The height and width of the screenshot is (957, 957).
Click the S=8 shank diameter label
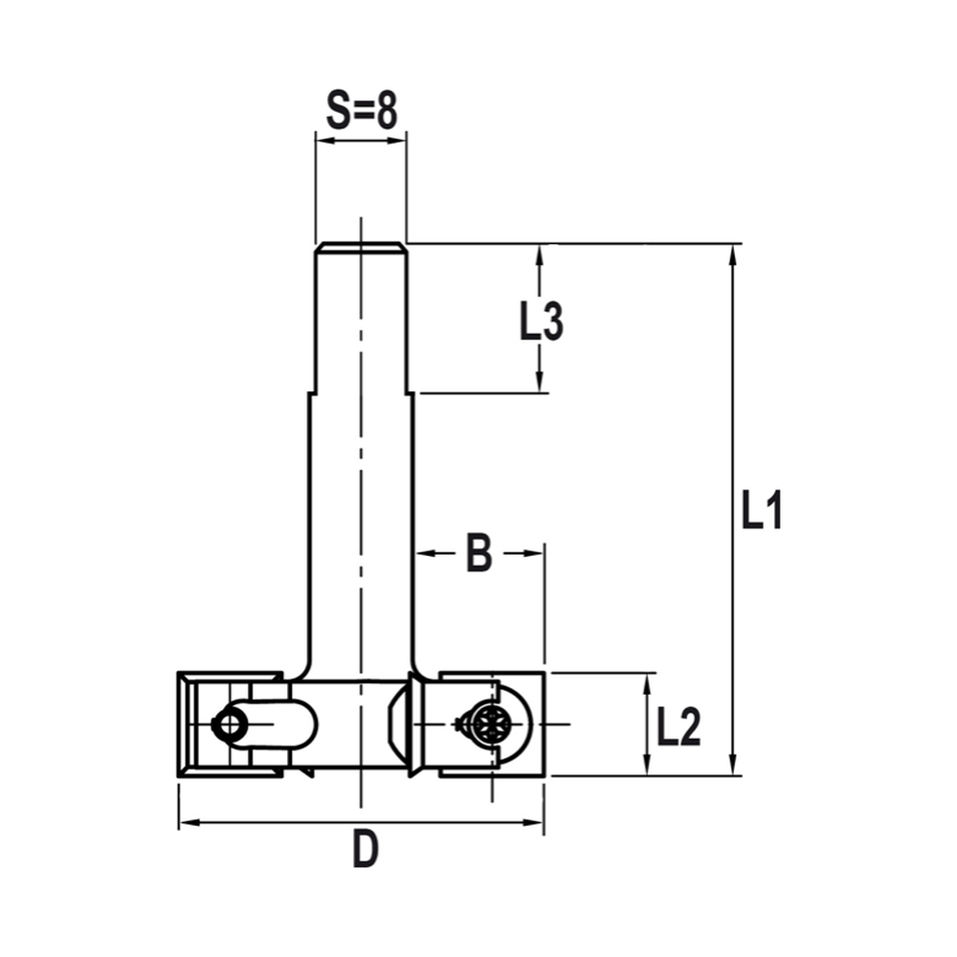(x=361, y=112)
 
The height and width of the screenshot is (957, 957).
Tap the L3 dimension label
(x=541, y=323)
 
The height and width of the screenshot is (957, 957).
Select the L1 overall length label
(x=762, y=511)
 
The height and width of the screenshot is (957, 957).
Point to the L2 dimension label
(x=679, y=727)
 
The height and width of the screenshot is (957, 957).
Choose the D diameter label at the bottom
(x=365, y=850)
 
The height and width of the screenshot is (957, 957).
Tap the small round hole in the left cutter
(x=230, y=724)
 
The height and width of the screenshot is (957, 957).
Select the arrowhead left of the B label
(x=424, y=553)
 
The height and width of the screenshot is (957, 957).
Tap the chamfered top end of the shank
(x=361, y=248)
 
